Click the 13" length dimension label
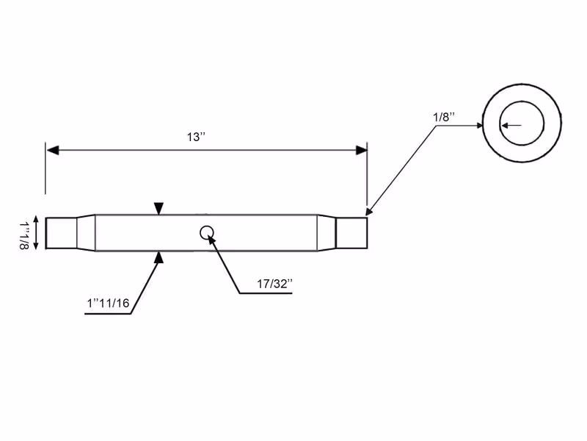coord(196,137)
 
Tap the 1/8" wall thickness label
coord(444,117)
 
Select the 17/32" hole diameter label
coord(274,284)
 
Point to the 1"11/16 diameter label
coord(108,303)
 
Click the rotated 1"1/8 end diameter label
coord(24,235)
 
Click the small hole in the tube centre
coord(207,233)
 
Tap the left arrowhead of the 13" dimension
coord(53,151)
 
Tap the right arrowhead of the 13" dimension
coord(361,151)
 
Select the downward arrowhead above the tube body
coord(158,209)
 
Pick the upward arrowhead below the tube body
coord(159,257)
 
